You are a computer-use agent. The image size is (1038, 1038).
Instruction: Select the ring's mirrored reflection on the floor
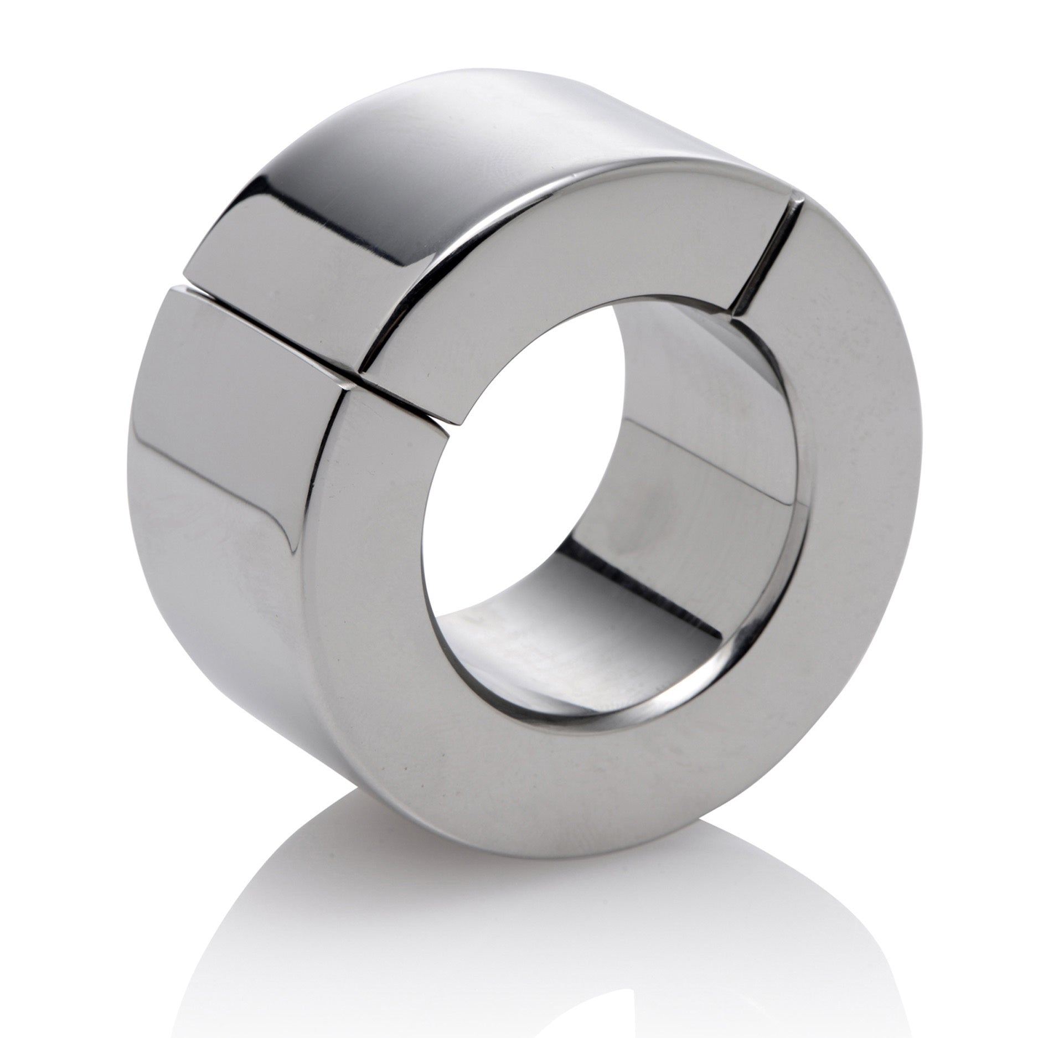tap(554, 941)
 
